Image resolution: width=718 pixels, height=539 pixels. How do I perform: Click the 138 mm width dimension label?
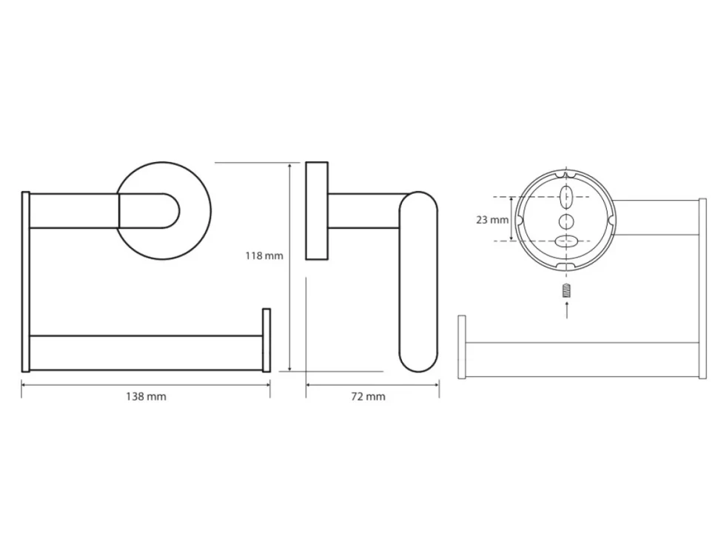(x=146, y=397)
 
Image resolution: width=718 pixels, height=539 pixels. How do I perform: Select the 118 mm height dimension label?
(x=264, y=255)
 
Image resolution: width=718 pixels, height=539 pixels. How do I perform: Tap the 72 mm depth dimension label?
(x=368, y=397)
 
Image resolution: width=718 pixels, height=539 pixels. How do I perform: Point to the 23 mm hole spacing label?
(x=492, y=220)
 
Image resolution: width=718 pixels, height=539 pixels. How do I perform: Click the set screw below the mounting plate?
(x=567, y=291)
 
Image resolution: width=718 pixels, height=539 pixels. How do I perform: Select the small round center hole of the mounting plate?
(x=566, y=221)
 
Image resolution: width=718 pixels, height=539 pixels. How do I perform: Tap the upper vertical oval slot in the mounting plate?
(x=566, y=197)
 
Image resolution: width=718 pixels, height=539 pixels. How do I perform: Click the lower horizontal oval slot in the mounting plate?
(x=566, y=241)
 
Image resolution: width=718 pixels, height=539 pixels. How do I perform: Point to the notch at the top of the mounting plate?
(x=566, y=175)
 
